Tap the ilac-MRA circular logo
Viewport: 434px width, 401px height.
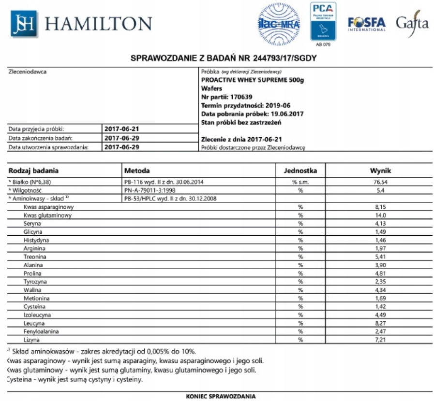279,24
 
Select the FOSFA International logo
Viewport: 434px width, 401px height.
366,24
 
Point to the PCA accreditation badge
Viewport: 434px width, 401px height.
323,22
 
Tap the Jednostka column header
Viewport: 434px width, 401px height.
300,171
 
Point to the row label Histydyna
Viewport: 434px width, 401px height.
36,240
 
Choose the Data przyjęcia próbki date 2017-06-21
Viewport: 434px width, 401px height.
122,129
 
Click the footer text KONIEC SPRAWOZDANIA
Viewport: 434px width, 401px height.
221,396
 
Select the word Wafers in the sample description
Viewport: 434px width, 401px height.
211,88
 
